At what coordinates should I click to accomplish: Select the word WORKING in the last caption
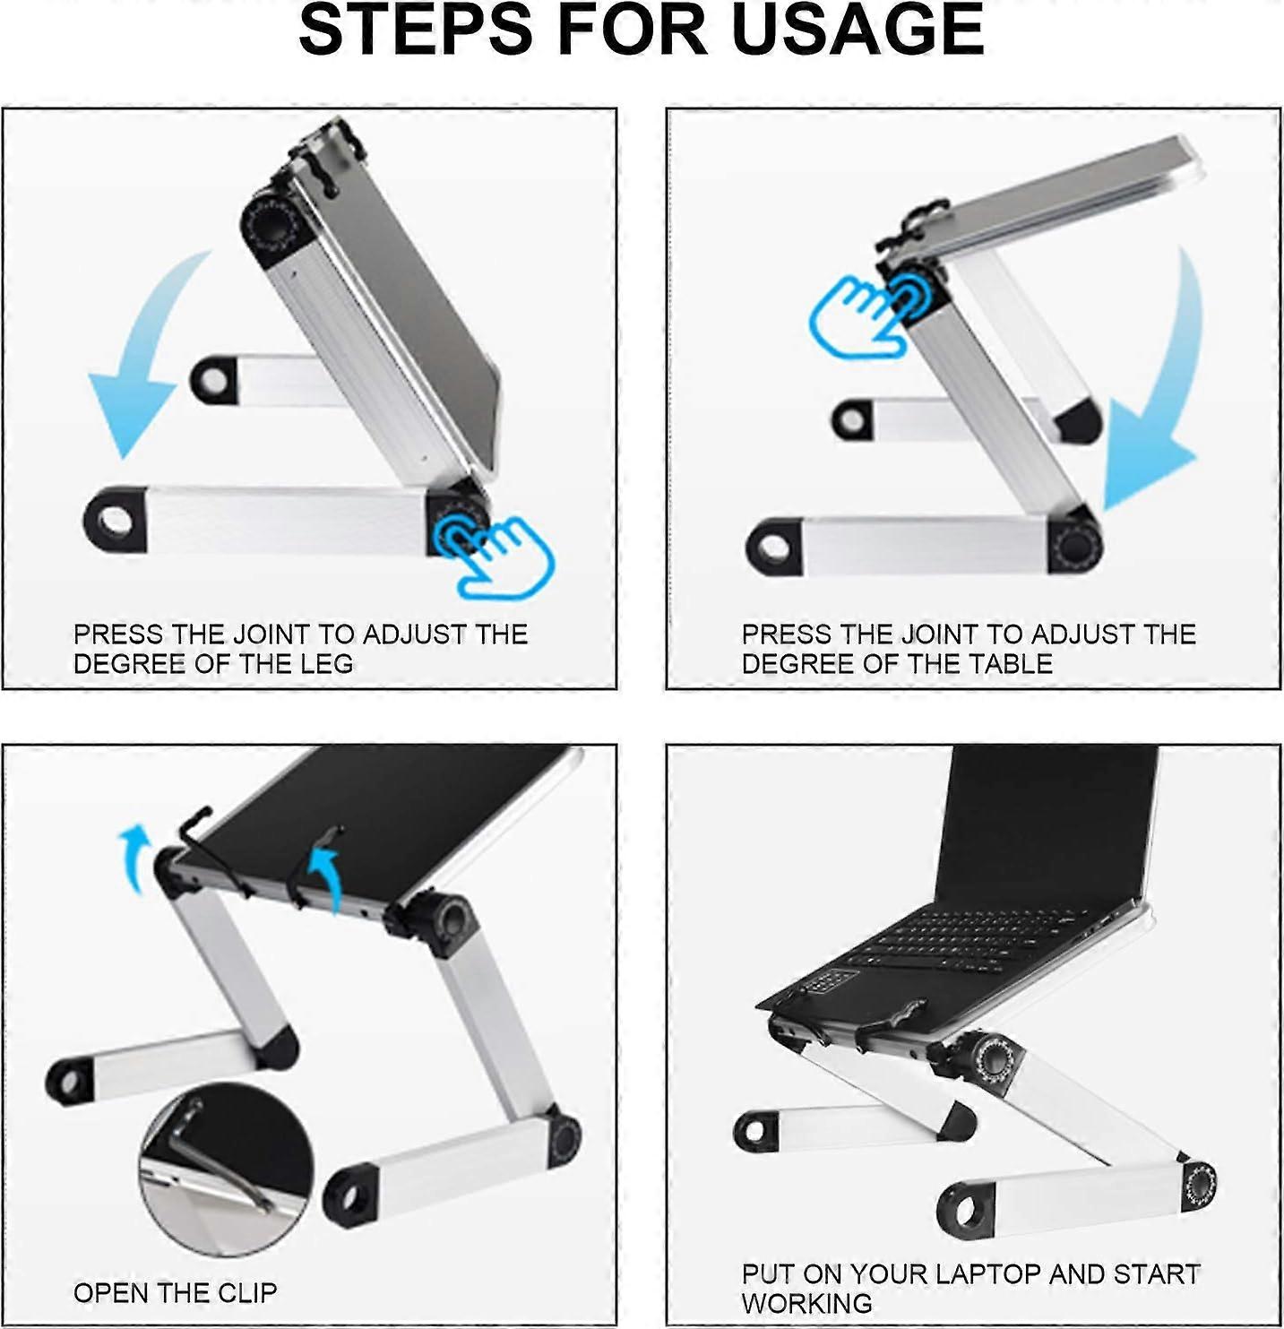coord(806,1304)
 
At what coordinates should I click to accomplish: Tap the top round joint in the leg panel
coord(271,225)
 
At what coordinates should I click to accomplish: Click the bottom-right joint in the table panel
coord(1075,544)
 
